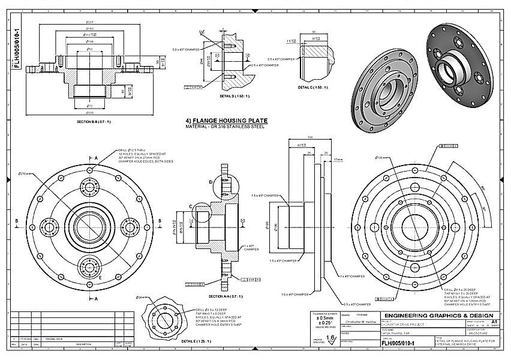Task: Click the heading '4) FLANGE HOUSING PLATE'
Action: tap(227, 121)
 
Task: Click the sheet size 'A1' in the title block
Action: tap(494, 322)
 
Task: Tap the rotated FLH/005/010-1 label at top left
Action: tap(17, 47)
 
